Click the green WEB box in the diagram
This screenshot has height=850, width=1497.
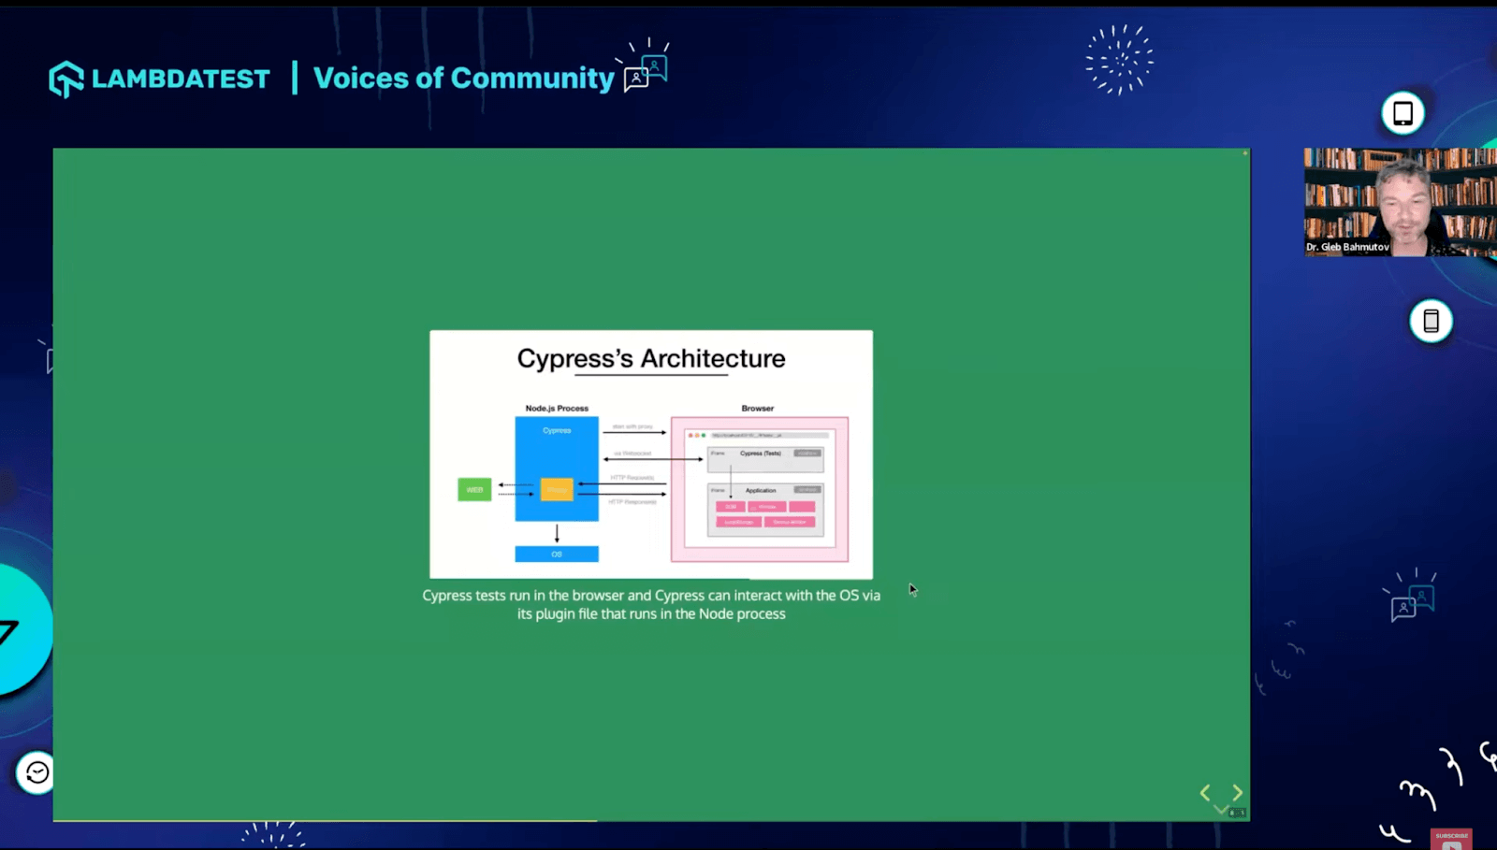tap(474, 489)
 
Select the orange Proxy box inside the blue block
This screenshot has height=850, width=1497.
tap(557, 489)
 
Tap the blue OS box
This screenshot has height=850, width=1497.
tap(557, 555)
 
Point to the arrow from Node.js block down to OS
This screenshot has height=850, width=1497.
tap(557, 533)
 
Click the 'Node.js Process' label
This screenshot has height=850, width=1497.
tap(557, 409)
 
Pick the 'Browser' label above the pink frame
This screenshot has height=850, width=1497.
tap(758, 409)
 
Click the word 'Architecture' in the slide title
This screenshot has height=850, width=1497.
tap(713, 359)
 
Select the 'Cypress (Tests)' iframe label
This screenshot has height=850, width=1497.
tap(760, 454)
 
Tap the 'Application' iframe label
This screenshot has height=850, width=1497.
tap(761, 490)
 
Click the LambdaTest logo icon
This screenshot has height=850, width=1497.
tap(66, 79)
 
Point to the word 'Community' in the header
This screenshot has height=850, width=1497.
tap(532, 79)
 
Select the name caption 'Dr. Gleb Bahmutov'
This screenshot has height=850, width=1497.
tap(1347, 247)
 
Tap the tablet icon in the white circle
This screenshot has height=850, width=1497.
tap(1403, 113)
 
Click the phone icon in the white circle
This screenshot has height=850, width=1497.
tap(1431, 321)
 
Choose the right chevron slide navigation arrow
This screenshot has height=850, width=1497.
tap(1238, 793)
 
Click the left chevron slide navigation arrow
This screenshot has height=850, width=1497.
tap(1205, 793)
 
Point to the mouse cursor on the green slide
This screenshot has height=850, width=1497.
tap(912, 589)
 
